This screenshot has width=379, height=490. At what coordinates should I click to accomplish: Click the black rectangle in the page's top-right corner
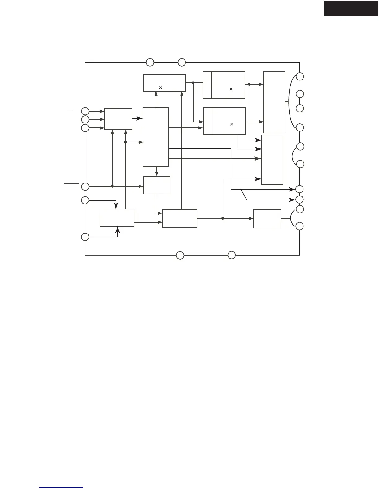pos(351,8)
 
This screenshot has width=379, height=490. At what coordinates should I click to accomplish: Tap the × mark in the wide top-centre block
pos(160,88)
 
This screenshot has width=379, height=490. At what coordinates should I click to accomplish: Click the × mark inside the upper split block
pos(231,89)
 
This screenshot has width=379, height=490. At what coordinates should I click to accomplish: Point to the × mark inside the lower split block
pos(231,124)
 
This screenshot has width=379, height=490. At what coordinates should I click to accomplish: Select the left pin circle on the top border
pos(150,62)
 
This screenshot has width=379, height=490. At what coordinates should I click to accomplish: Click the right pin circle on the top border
pos(182,62)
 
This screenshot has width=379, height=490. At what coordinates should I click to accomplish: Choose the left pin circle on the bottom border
pos(180,256)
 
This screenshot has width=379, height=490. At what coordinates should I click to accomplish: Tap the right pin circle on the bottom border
pos(231,256)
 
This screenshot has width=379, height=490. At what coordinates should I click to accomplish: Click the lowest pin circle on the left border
pos(85,237)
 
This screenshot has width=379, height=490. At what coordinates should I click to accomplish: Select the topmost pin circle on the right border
pos(300,76)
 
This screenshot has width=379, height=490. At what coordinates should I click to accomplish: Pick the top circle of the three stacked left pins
pos(85,111)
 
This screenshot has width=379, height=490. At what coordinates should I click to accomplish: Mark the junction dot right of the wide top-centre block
pos(193,83)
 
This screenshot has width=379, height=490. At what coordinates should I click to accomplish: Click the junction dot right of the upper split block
pos(249,84)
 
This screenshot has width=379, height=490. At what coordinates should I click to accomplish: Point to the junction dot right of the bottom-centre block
pos(223,218)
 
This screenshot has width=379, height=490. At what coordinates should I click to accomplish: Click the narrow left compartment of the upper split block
pos(207,85)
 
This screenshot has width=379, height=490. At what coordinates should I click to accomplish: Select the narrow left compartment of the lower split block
pos(208,121)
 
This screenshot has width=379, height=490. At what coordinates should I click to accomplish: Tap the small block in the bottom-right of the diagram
pos(267,219)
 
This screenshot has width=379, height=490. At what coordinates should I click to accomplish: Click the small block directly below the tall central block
pos(156,185)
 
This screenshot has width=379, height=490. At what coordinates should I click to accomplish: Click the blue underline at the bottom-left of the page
pos(61,488)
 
